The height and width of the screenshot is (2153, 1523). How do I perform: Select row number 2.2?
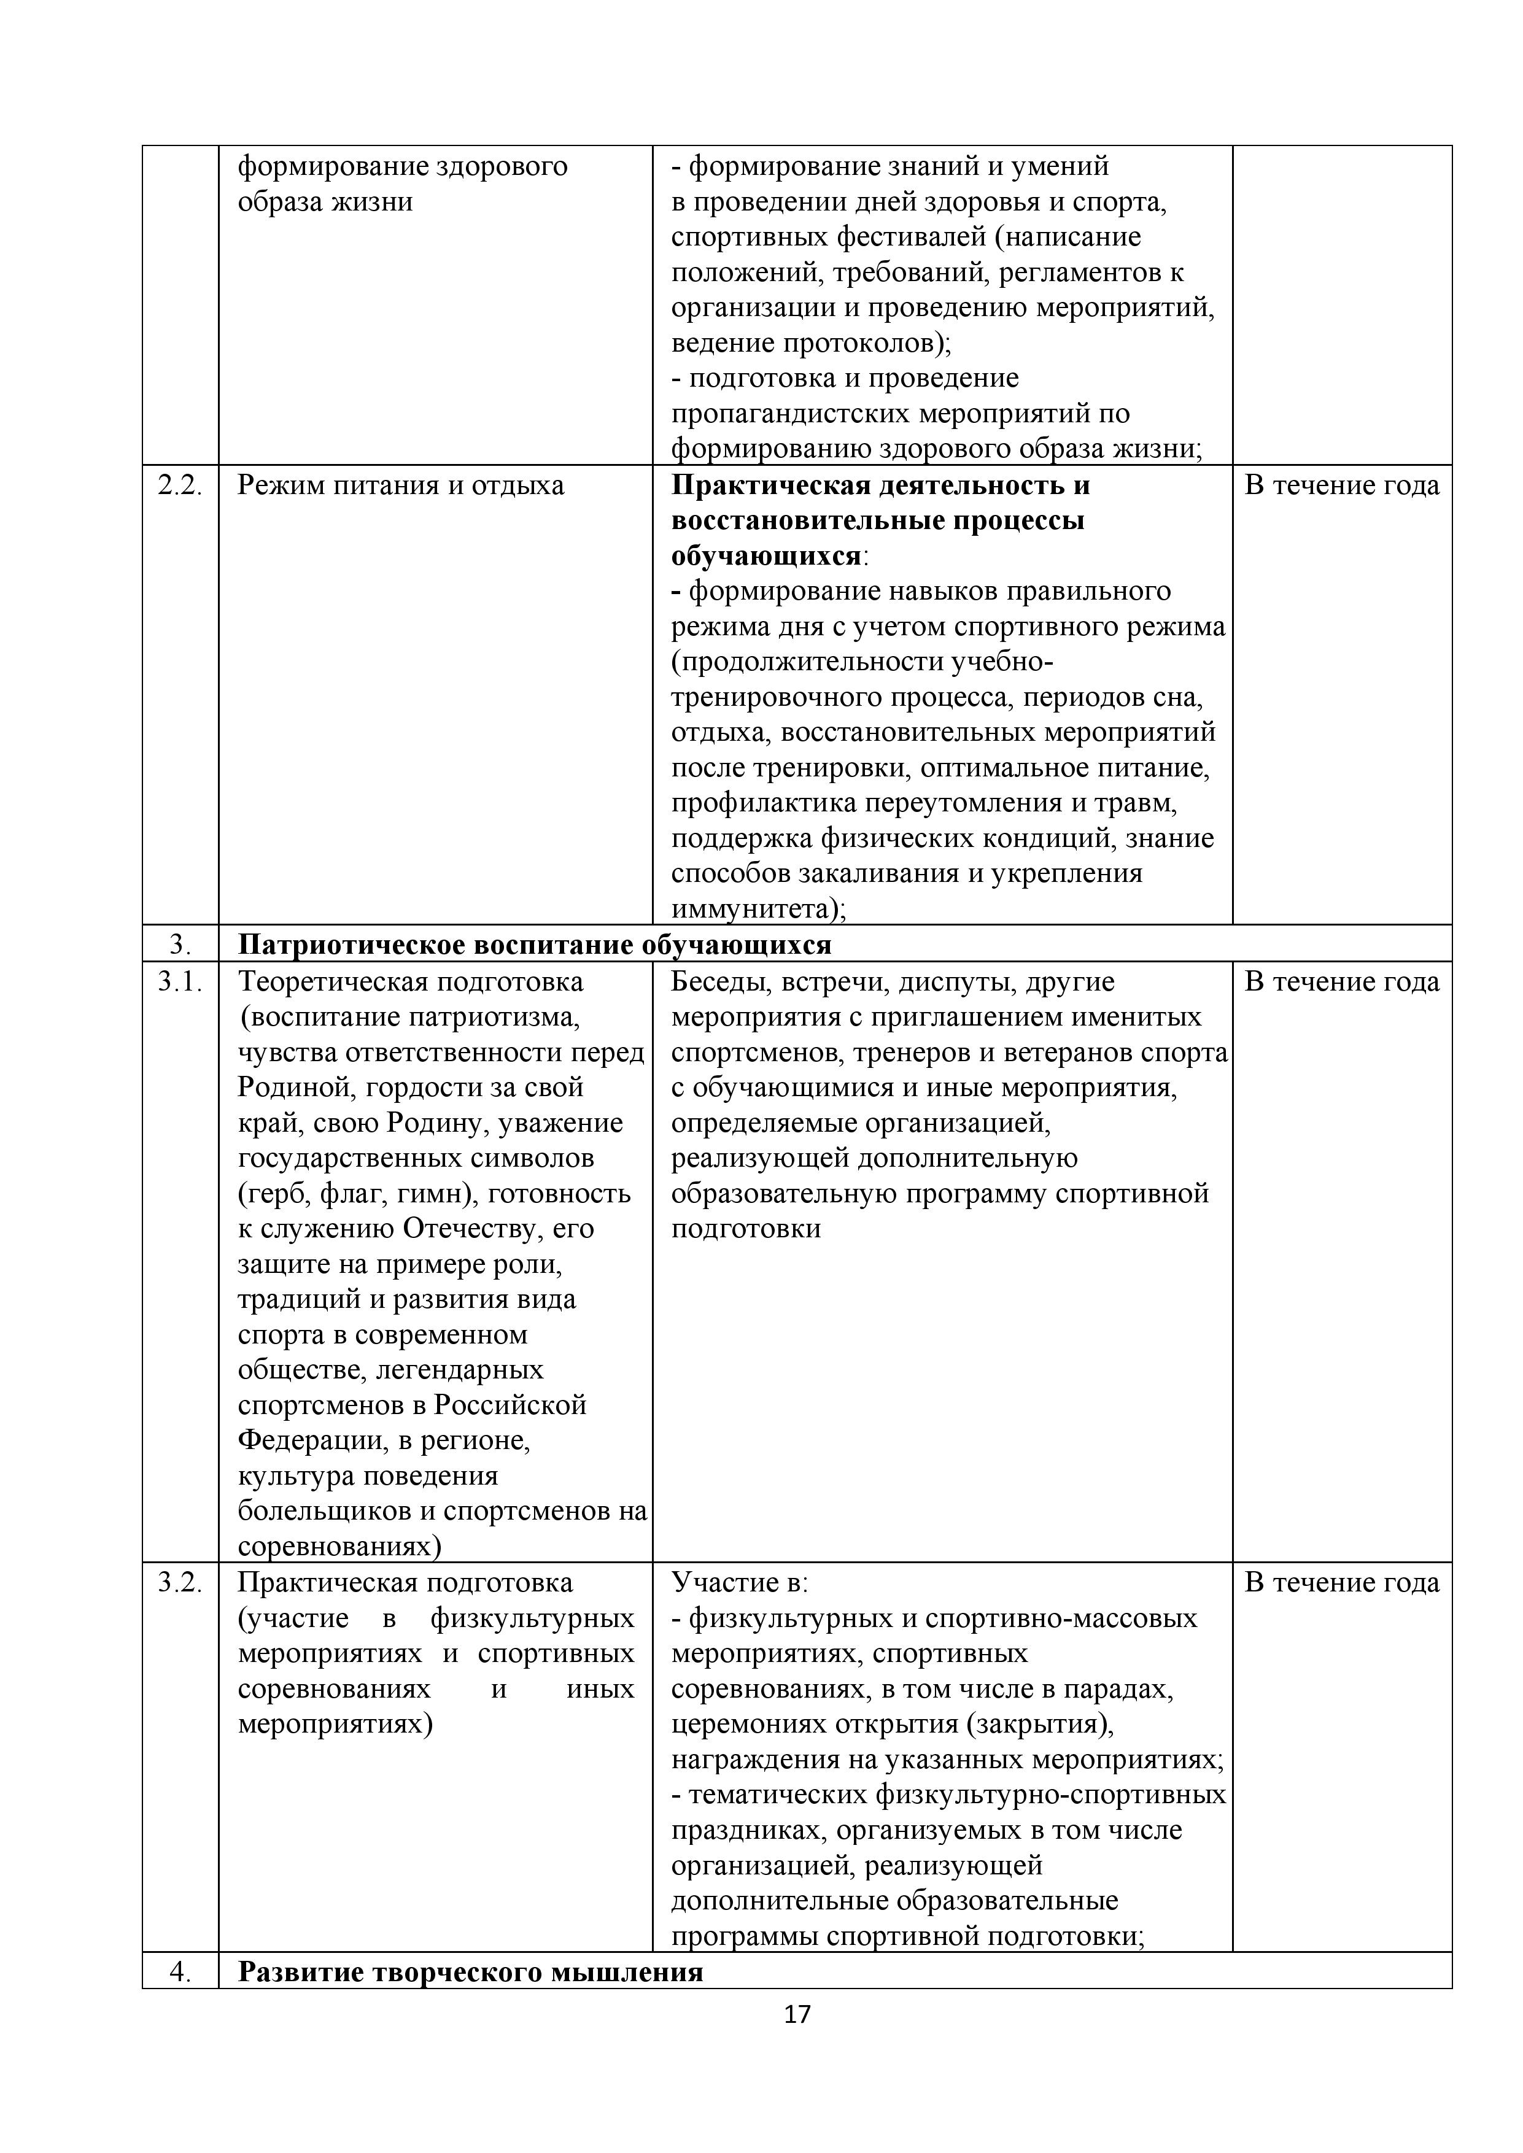(180, 485)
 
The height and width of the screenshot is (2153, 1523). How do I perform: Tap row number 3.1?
(180, 982)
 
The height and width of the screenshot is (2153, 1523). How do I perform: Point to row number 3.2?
(180, 1583)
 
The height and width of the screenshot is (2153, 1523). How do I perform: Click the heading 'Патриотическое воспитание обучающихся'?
(535, 945)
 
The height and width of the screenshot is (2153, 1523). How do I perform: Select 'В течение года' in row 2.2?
(1341, 485)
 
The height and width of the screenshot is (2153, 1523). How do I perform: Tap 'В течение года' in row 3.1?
(1341, 982)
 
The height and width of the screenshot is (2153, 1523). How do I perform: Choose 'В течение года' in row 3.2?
(1341, 1583)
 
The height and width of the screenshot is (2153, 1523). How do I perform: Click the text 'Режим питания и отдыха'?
(400, 485)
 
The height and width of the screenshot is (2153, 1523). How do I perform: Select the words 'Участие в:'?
(739, 1583)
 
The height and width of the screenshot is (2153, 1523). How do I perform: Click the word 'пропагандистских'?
(789, 414)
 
